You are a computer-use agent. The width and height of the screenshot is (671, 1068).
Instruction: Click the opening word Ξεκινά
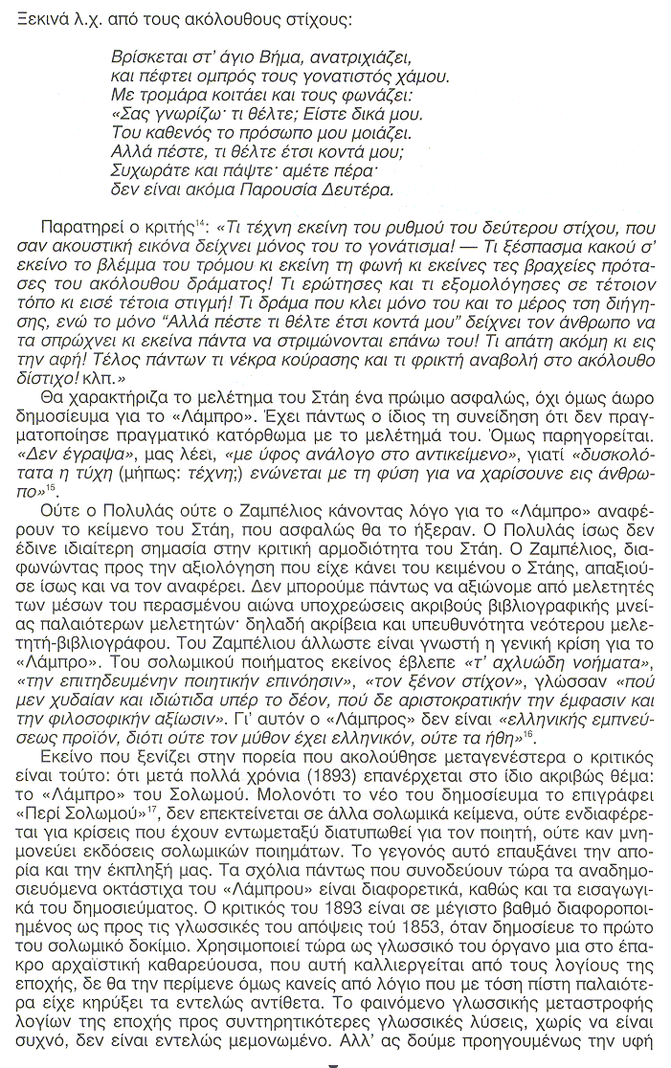pyautogui.click(x=29, y=17)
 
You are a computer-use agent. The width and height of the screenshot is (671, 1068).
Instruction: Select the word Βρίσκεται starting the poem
pyautogui.click(x=143, y=56)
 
